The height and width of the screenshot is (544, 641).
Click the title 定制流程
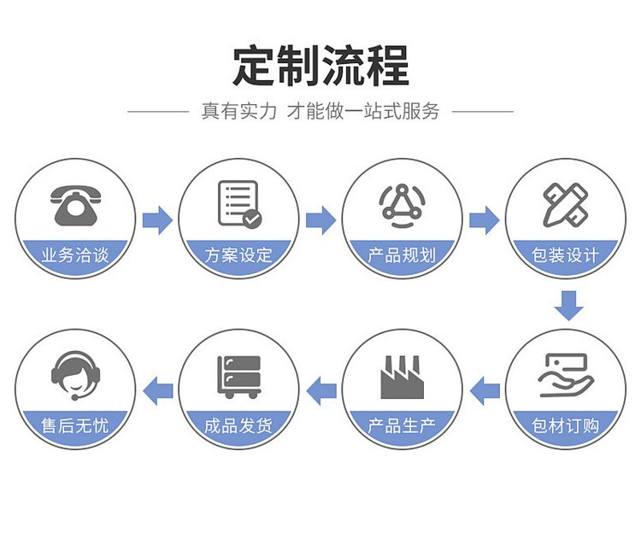click(x=320, y=66)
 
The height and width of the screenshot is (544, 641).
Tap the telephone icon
click(x=75, y=205)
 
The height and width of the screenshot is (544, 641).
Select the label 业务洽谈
click(x=75, y=254)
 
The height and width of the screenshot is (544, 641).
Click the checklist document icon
click(x=239, y=204)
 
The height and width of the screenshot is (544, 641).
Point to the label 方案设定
click(x=238, y=254)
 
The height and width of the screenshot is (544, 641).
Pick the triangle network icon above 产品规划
click(x=403, y=206)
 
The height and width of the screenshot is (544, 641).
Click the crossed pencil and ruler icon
click(x=566, y=205)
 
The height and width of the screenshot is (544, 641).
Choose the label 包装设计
click(x=565, y=254)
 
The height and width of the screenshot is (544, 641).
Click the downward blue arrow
click(x=568, y=306)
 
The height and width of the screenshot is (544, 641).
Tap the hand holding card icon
click(x=566, y=375)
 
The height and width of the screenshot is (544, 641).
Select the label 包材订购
click(x=565, y=425)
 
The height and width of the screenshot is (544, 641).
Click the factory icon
click(x=403, y=377)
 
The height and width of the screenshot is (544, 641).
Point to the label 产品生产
click(x=402, y=425)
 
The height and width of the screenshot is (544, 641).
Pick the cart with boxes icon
click(x=239, y=377)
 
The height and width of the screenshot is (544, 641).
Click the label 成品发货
click(x=238, y=425)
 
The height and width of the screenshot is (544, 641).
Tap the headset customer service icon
click(x=75, y=376)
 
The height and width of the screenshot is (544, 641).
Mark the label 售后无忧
click(x=75, y=425)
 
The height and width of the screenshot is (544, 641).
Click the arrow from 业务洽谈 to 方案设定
click(x=158, y=220)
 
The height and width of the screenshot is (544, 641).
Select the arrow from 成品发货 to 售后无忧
click(x=158, y=391)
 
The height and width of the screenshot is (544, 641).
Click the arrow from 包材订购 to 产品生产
click(x=485, y=391)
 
